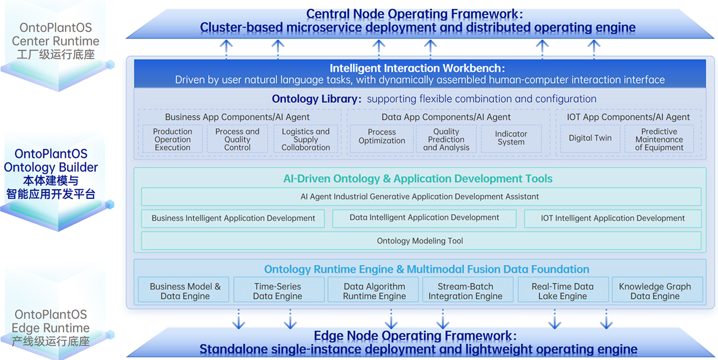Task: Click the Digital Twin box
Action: (x=590, y=139)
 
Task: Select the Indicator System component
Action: (x=510, y=139)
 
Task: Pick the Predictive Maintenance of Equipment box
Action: (x=659, y=139)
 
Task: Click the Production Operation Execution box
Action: (x=172, y=139)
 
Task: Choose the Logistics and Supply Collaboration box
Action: (x=306, y=139)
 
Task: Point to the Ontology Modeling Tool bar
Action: (x=420, y=241)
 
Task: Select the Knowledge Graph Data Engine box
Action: (x=655, y=291)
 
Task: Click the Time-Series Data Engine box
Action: (x=278, y=291)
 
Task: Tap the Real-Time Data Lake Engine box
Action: (x=562, y=291)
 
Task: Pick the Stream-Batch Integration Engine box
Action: (x=465, y=291)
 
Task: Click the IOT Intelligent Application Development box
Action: (x=612, y=218)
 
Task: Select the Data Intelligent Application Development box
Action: (x=424, y=218)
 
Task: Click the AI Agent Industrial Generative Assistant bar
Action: (x=420, y=197)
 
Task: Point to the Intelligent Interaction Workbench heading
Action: (x=417, y=68)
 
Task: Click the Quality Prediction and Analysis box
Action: (x=446, y=139)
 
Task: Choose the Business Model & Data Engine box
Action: (x=185, y=291)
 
